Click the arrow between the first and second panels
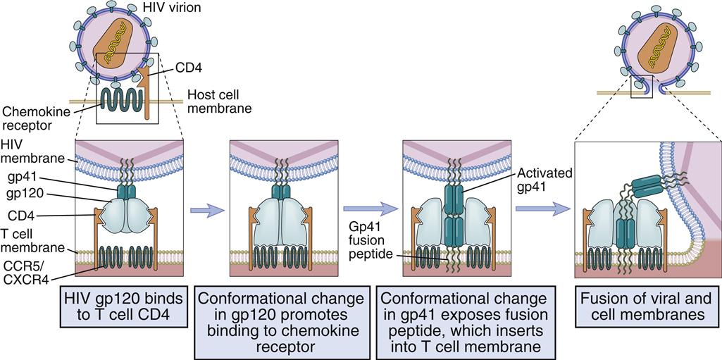(206, 209)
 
